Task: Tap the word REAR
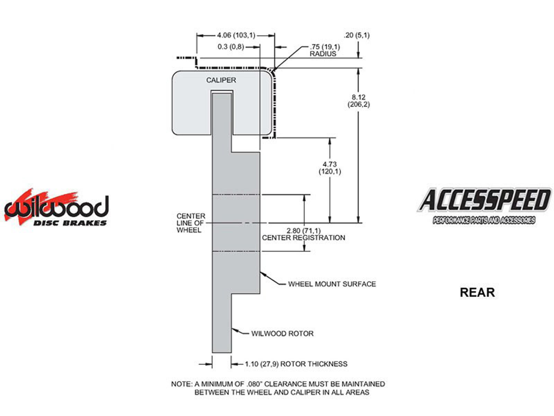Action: (x=477, y=292)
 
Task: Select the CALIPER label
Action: (x=221, y=80)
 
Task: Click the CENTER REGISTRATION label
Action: (x=303, y=238)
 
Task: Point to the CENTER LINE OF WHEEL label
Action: (x=190, y=223)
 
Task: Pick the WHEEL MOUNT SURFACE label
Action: (x=332, y=284)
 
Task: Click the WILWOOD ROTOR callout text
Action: (x=282, y=333)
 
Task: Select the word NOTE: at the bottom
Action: (x=181, y=384)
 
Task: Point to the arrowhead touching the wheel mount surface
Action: (x=262, y=273)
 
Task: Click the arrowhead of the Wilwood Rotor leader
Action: (x=233, y=330)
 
